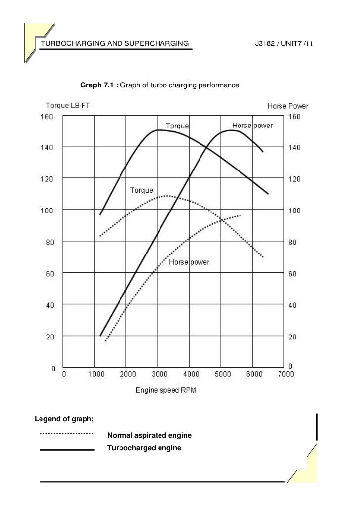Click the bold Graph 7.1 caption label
[97, 85]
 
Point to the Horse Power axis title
[288, 106]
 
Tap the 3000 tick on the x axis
[158, 375]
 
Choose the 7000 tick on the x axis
[285, 375]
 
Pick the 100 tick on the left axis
[47, 210]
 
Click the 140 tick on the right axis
[294, 147]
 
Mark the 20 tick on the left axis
[50, 337]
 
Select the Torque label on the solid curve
[177, 127]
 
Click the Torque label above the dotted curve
[142, 190]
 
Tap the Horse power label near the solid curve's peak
[252, 126]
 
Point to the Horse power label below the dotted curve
[189, 262]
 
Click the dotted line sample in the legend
[67, 433]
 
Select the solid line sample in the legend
[67, 450]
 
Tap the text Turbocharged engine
[144, 448]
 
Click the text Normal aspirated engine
[149, 436]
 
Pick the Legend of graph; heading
[64, 419]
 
